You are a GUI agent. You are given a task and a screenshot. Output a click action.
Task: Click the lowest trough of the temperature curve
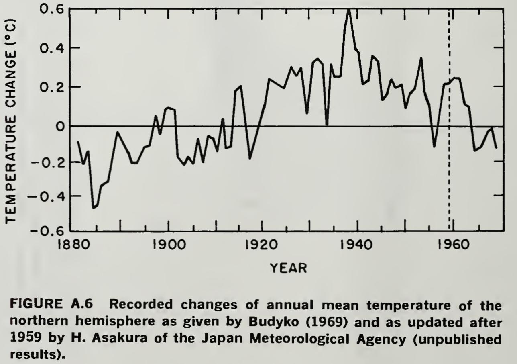pyautogui.click(x=94, y=207)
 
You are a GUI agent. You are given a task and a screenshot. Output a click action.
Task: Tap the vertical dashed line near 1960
pyautogui.click(x=449, y=121)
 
